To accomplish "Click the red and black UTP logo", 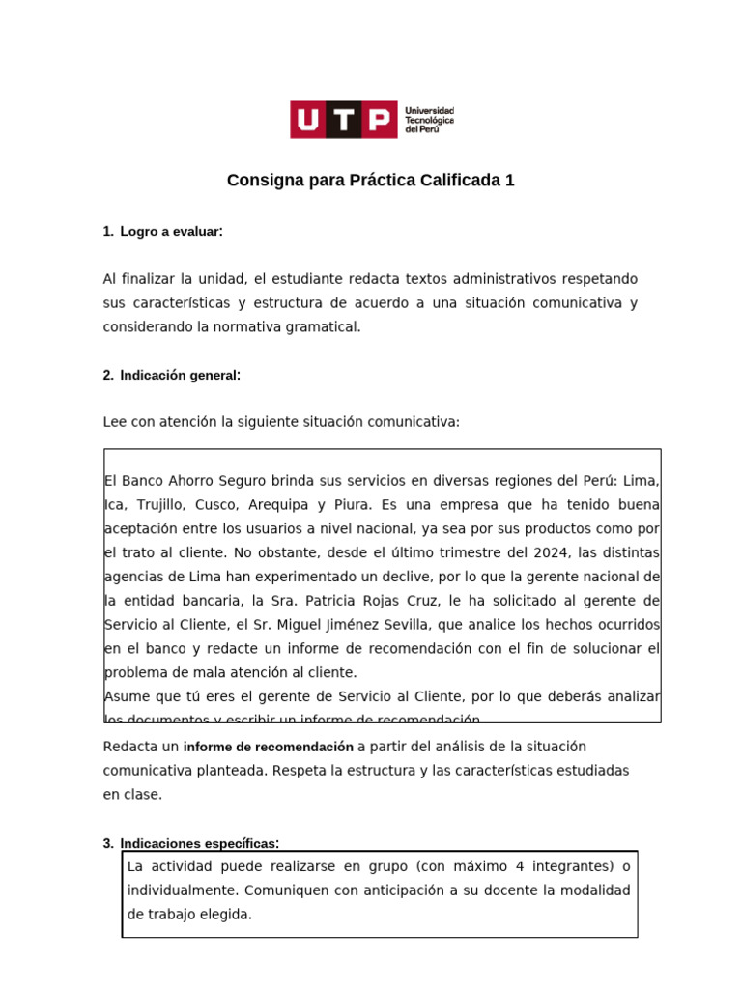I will [x=343, y=120].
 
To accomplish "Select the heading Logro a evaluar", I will [x=171, y=232].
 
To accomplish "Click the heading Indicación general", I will [x=180, y=375].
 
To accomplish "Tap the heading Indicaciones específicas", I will [x=199, y=843].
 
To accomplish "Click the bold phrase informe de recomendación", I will [x=269, y=747].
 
